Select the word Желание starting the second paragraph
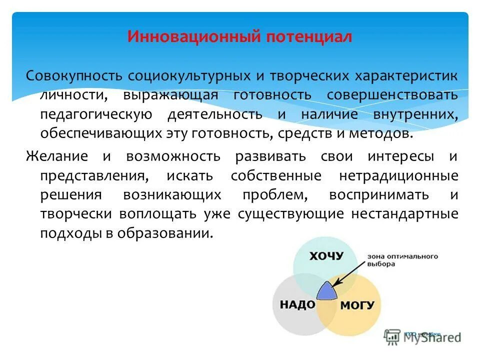click(57, 156)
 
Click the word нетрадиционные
click(398, 176)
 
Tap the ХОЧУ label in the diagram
click(326, 256)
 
